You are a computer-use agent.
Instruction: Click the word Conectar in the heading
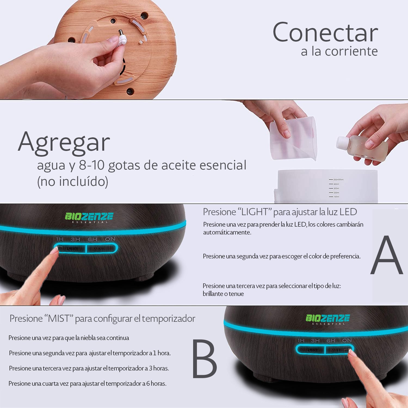point(325,33)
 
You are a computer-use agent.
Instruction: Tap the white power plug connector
point(122,40)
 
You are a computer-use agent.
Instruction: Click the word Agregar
point(64,143)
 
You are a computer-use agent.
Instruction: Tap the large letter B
point(205,359)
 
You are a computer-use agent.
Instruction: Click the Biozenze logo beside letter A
point(89,217)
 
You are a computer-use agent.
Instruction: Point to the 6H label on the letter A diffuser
point(92,239)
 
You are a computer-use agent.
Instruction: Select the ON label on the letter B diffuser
point(347,341)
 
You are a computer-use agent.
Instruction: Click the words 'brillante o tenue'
point(223,294)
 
